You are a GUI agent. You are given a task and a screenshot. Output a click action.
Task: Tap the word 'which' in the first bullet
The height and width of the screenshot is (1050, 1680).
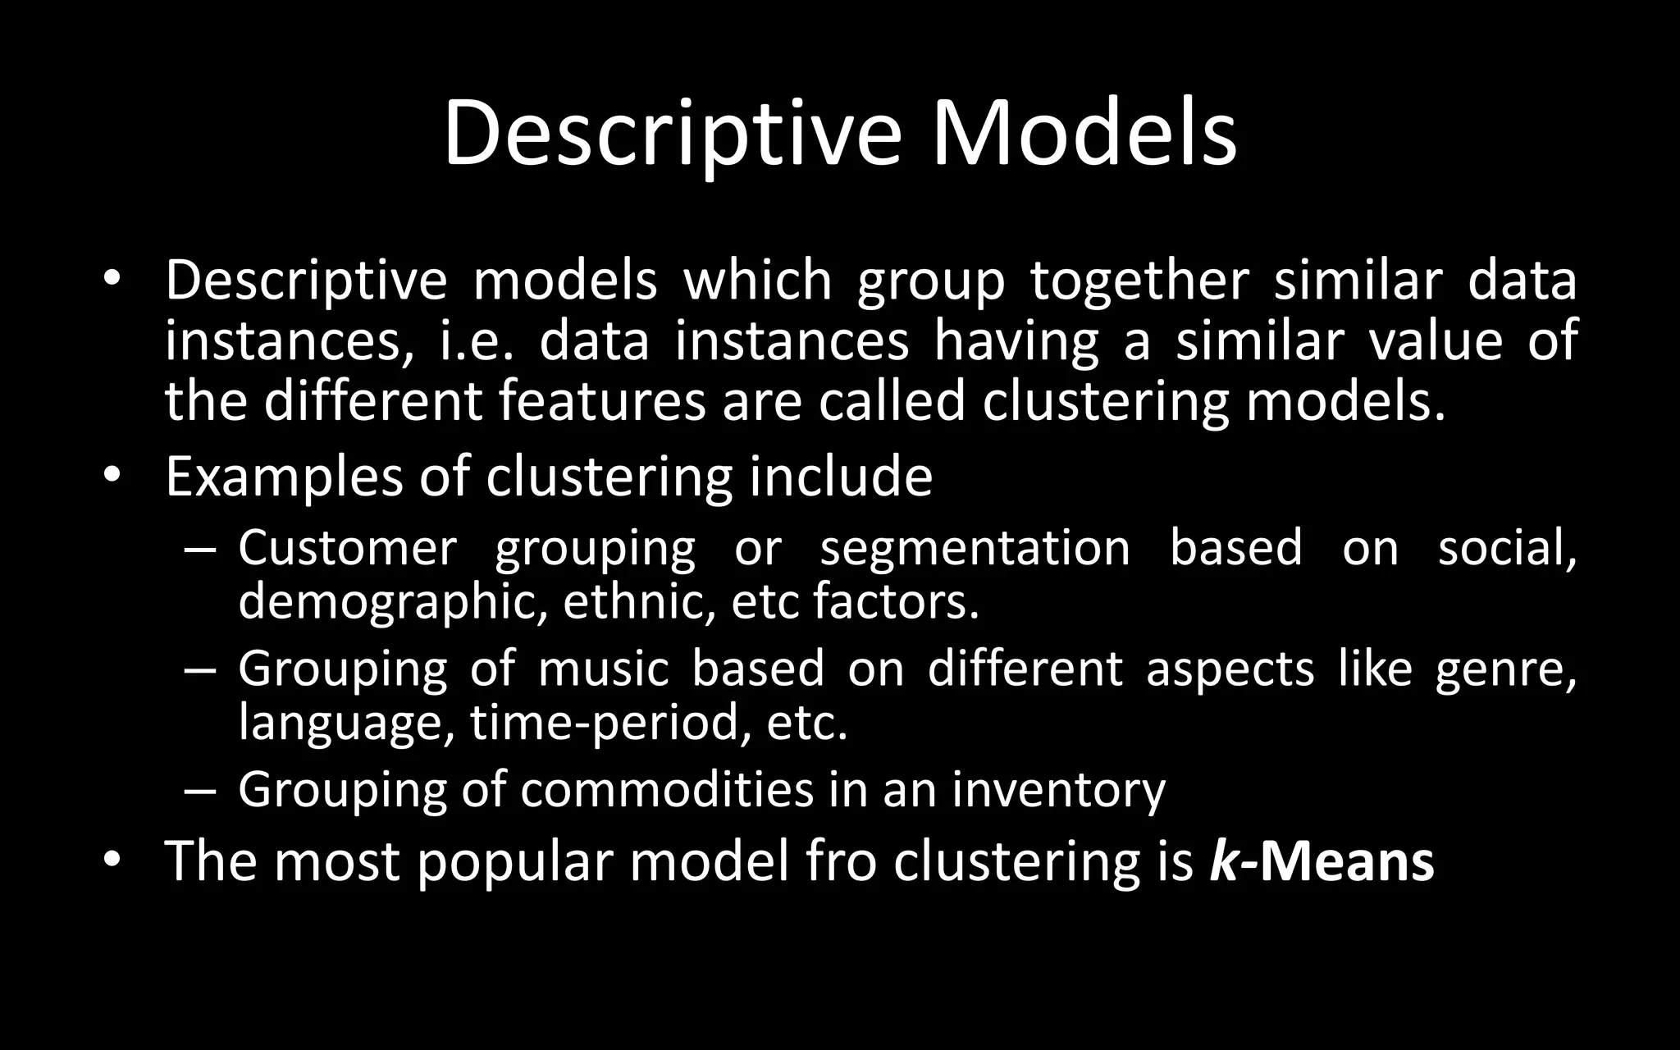[757, 281]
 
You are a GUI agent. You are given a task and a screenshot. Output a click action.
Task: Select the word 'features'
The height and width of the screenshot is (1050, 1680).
[601, 401]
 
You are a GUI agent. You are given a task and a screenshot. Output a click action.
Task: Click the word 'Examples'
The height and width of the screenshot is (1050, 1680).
[284, 477]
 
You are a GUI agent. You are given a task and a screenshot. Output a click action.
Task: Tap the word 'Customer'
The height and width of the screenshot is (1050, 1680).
[347, 548]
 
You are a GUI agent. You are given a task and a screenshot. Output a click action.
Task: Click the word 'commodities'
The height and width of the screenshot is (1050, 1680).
[665, 789]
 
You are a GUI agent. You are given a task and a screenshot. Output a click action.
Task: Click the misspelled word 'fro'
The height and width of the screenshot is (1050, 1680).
[841, 861]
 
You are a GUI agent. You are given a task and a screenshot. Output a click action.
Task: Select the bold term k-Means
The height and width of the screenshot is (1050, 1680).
[1322, 861]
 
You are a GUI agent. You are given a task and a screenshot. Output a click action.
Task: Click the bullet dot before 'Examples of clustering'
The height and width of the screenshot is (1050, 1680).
[112, 475]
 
